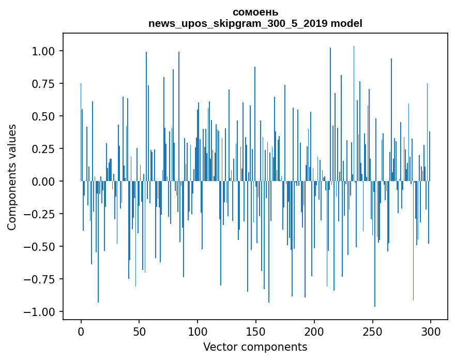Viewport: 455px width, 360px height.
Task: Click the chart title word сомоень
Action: coord(255,12)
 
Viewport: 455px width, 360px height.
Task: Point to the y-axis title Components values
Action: coord(12,177)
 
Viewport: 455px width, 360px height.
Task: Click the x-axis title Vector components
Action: coord(255,347)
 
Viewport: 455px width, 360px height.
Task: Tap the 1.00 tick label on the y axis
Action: coord(43,51)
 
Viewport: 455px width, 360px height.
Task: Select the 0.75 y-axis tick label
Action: coord(43,84)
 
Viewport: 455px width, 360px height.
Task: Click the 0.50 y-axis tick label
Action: coord(43,116)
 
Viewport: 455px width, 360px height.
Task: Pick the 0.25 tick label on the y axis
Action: coord(43,149)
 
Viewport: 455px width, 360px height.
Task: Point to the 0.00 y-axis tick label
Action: coord(43,182)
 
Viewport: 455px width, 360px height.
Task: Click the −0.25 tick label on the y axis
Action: coord(40,214)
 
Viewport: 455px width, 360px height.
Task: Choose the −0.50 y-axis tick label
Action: coord(40,247)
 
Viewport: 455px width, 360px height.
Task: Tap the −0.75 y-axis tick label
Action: coord(40,279)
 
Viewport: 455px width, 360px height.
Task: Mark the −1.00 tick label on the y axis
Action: coord(40,312)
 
